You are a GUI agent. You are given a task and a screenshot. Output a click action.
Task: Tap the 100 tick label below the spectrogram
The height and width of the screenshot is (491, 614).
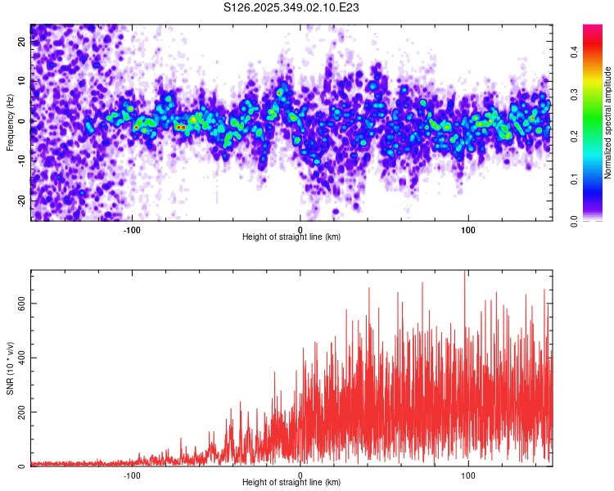tap(468, 229)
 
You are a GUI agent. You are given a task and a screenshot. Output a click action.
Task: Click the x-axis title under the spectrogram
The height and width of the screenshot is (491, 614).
tap(291, 237)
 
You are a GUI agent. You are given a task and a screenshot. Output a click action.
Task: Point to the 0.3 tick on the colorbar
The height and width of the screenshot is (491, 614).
tap(576, 94)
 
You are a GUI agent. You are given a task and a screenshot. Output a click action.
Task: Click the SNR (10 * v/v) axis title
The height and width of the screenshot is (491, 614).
tap(10, 368)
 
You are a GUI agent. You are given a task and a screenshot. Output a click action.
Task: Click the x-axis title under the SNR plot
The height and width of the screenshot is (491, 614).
tap(291, 483)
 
